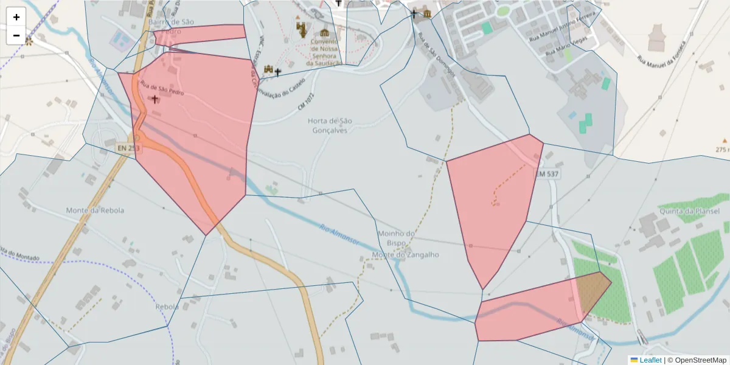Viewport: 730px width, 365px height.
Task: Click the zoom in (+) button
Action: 16,17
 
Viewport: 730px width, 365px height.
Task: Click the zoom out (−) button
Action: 16,35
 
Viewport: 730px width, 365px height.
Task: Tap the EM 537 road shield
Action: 546,174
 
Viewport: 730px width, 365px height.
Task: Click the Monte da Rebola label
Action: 95,210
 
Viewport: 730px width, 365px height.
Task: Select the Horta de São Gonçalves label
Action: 330,125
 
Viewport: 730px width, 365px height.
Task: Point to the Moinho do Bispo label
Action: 396,238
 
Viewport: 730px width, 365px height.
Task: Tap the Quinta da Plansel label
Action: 689,211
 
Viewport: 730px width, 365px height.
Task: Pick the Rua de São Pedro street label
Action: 162,88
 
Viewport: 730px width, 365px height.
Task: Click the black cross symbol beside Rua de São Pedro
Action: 155,99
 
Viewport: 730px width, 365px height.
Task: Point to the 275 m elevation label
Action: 722,150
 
